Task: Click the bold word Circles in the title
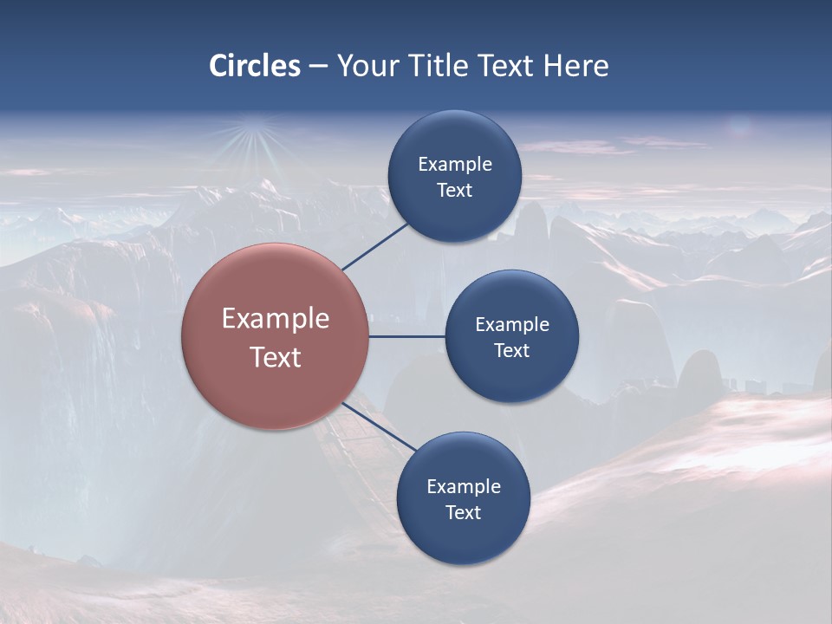(255, 66)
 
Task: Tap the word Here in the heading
(576, 66)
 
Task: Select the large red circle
(275, 390)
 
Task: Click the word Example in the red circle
(276, 319)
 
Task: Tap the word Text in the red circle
(276, 357)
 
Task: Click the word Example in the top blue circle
(454, 165)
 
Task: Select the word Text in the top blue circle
(454, 191)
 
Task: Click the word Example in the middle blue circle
(511, 325)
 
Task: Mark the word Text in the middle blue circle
(511, 351)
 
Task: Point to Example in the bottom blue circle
(463, 487)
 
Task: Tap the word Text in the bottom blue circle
(463, 513)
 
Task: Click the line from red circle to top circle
(374, 246)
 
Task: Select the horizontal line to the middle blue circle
(406, 336)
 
